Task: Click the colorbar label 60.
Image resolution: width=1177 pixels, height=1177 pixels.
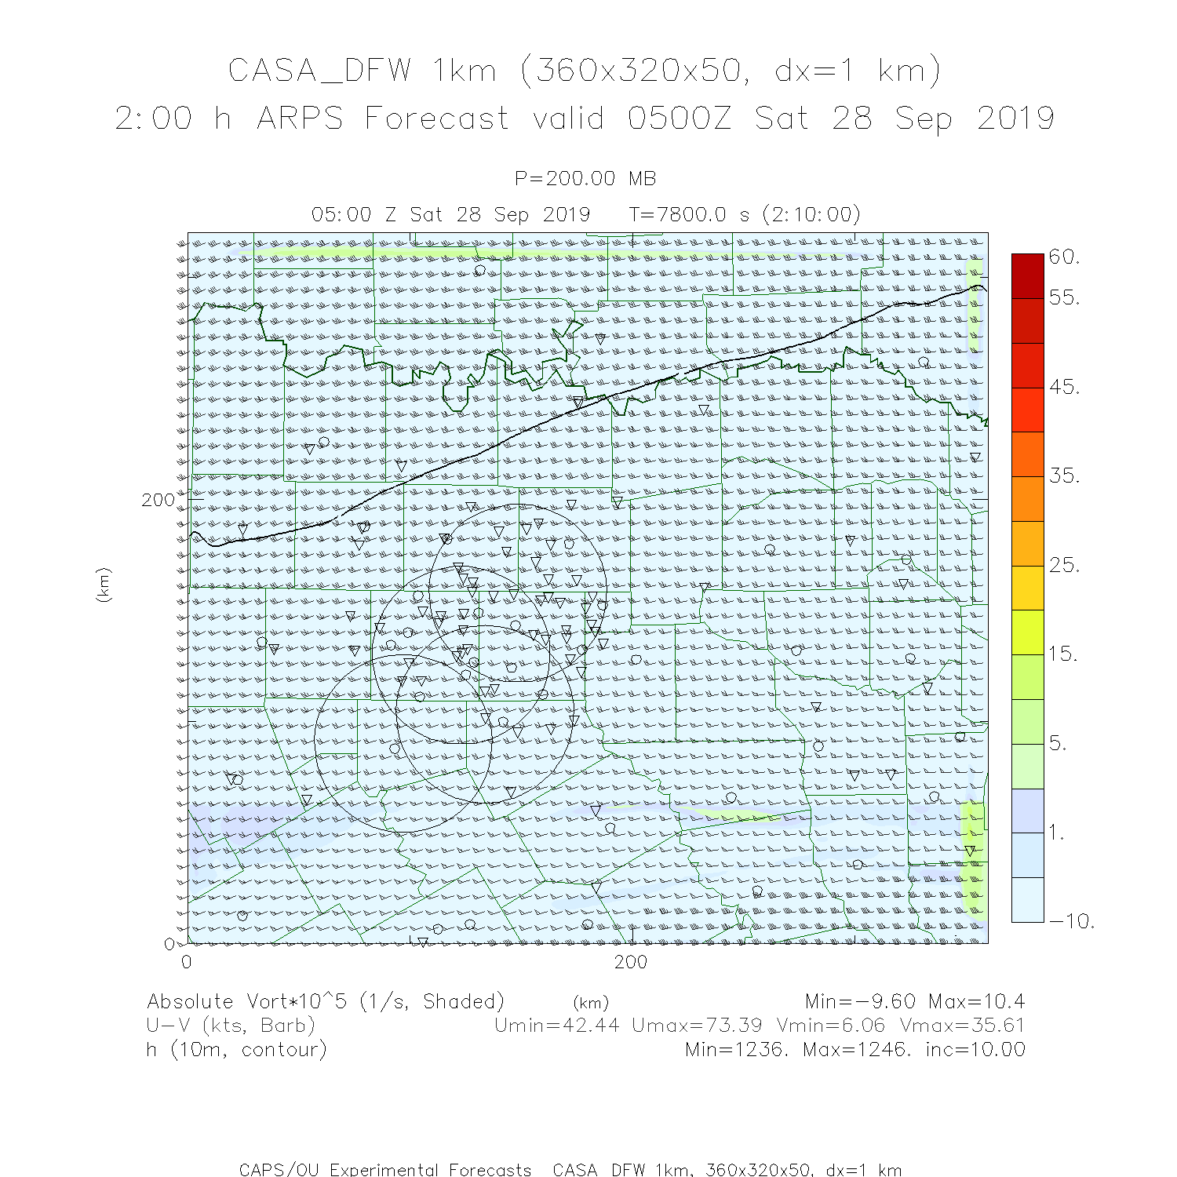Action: (1064, 257)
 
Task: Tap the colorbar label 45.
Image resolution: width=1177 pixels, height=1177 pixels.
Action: (1064, 387)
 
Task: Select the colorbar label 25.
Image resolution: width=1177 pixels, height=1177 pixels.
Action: (1064, 565)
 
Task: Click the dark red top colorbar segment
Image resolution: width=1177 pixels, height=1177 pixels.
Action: (1028, 275)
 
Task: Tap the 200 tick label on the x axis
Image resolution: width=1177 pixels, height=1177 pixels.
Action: (631, 962)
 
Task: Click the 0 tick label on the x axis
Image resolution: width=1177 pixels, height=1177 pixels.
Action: (187, 962)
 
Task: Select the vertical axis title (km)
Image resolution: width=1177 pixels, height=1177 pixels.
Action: (104, 585)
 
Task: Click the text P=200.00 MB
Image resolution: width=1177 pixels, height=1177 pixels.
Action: (585, 179)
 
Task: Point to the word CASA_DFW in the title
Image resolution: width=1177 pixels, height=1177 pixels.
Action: (319, 71)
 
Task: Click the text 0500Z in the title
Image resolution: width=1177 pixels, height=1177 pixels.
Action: (679, 118)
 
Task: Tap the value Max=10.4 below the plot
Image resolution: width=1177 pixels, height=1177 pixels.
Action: (976, 1001)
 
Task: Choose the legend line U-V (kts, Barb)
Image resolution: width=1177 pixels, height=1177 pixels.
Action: (231, 1026)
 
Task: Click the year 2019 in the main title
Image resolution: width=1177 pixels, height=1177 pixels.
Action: (1015, 118)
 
